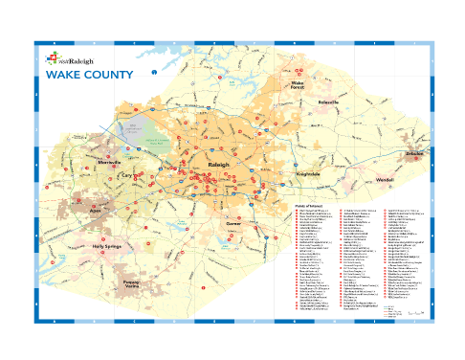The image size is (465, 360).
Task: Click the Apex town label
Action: click(x=94, y=208)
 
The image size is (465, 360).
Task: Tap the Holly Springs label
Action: click(x=112, y=246)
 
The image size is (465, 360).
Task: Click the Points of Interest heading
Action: click(x=304, y=204)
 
